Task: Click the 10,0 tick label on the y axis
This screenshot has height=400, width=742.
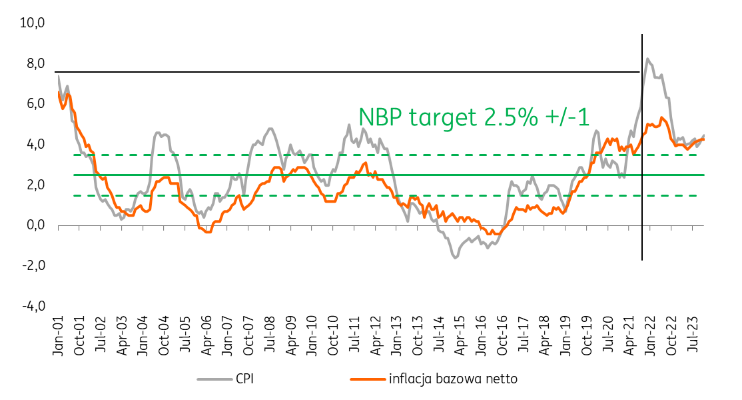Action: coord(32,22)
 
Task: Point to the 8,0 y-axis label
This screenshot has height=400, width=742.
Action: coord(35,63)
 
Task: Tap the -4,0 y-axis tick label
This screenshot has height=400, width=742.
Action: coord(33,306)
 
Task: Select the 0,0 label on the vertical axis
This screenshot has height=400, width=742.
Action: coord(35,225)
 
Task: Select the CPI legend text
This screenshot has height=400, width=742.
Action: coord(244,379)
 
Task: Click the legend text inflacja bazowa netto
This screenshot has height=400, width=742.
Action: coord(454,379)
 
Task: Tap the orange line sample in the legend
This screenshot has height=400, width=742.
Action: coord(368,379)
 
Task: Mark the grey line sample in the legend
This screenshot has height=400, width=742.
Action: coord(215,379)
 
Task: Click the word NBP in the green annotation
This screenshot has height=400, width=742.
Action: coord(380,117)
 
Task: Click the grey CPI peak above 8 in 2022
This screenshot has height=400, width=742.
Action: coord(647,59)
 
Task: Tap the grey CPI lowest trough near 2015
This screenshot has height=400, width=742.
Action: coord(455,257)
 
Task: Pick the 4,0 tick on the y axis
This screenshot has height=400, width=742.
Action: coord(35,144)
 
